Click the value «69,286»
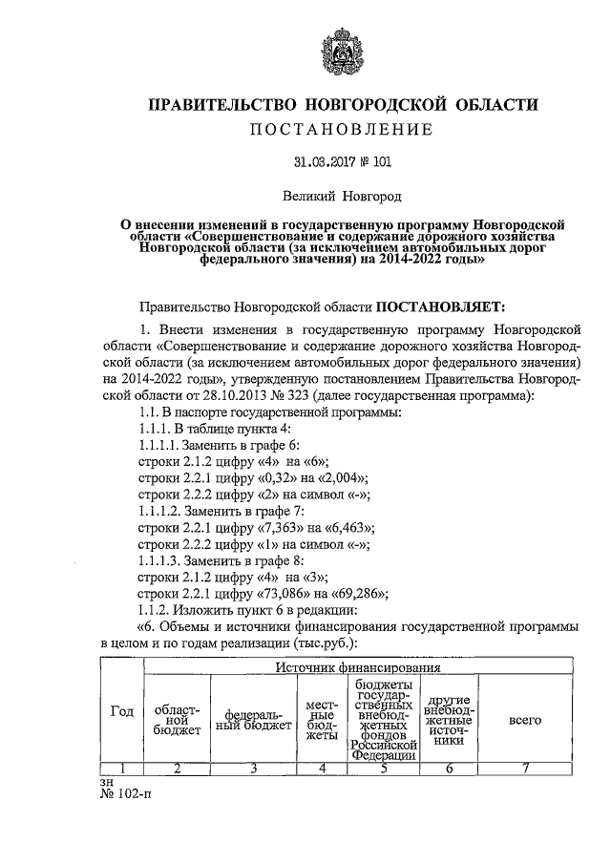point(357,594)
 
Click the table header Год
point(122,711)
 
